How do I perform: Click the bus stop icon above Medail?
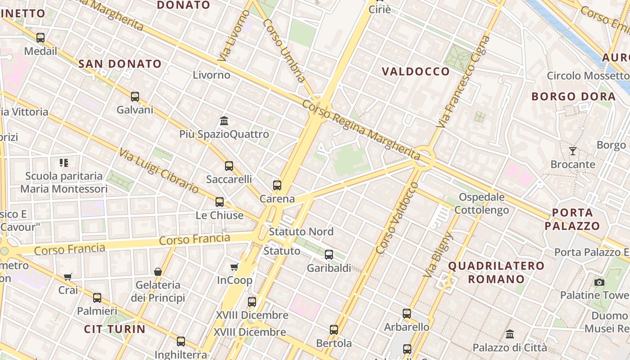40,38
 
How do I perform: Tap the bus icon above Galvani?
135,96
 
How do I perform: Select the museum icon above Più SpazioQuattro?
224,121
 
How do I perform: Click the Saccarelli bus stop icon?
229,166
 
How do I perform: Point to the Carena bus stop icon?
277,185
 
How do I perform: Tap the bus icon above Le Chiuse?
220,202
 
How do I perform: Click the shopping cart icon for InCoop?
234,267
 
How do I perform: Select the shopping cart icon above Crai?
68,277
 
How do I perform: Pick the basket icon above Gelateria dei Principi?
158,272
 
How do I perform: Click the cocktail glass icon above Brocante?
572,151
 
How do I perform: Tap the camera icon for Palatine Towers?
599,282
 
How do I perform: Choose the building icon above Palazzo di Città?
510,334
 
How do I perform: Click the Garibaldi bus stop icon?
329,255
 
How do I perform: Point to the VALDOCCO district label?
416,72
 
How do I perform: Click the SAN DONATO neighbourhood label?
120,64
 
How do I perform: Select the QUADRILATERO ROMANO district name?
496,272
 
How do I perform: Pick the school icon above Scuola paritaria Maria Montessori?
64,162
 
